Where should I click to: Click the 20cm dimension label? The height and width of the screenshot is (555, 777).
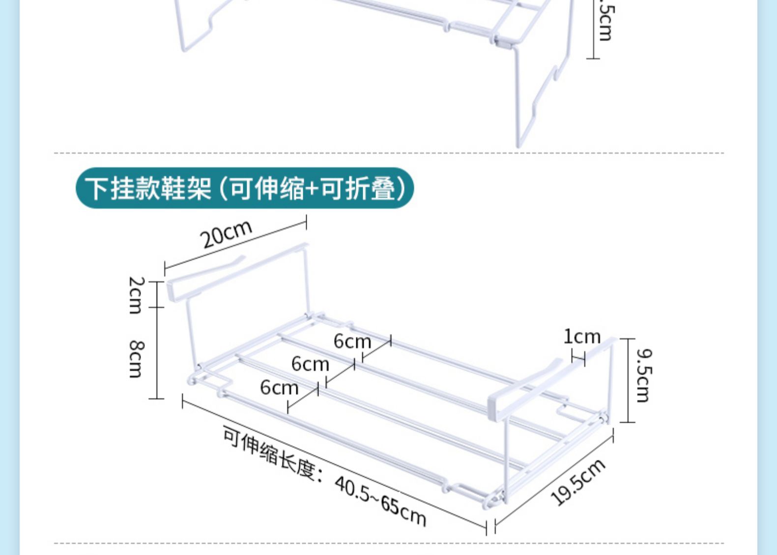pyautogui.click(x=226, y=234)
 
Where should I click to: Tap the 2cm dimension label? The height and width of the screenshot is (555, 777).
pyautogui.click(x=136, y=295)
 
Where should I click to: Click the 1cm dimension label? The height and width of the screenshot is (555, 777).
pyautogui.click(x=582, y=337)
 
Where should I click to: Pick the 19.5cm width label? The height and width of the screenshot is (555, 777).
pyautogui.click(x=578, y=482)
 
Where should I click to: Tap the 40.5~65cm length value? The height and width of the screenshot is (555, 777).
pyautogui.click(x=380, y=501)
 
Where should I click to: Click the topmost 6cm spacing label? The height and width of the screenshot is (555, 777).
pyautogui.click(x=352, y=341)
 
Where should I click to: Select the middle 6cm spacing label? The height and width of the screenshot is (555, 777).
pyautogui.click(x=310, y=364)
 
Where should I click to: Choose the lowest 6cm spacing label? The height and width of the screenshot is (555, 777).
pyautogui.click(x=279, y=388)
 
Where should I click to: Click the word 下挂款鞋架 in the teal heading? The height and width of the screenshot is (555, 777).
pyautogui.click(x=147, y=188)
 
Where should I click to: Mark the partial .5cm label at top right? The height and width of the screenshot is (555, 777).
pyautogui.click(x=605, y=22)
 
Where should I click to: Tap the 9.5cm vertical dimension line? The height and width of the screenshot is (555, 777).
pyautogui.click(x=628, y=380)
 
